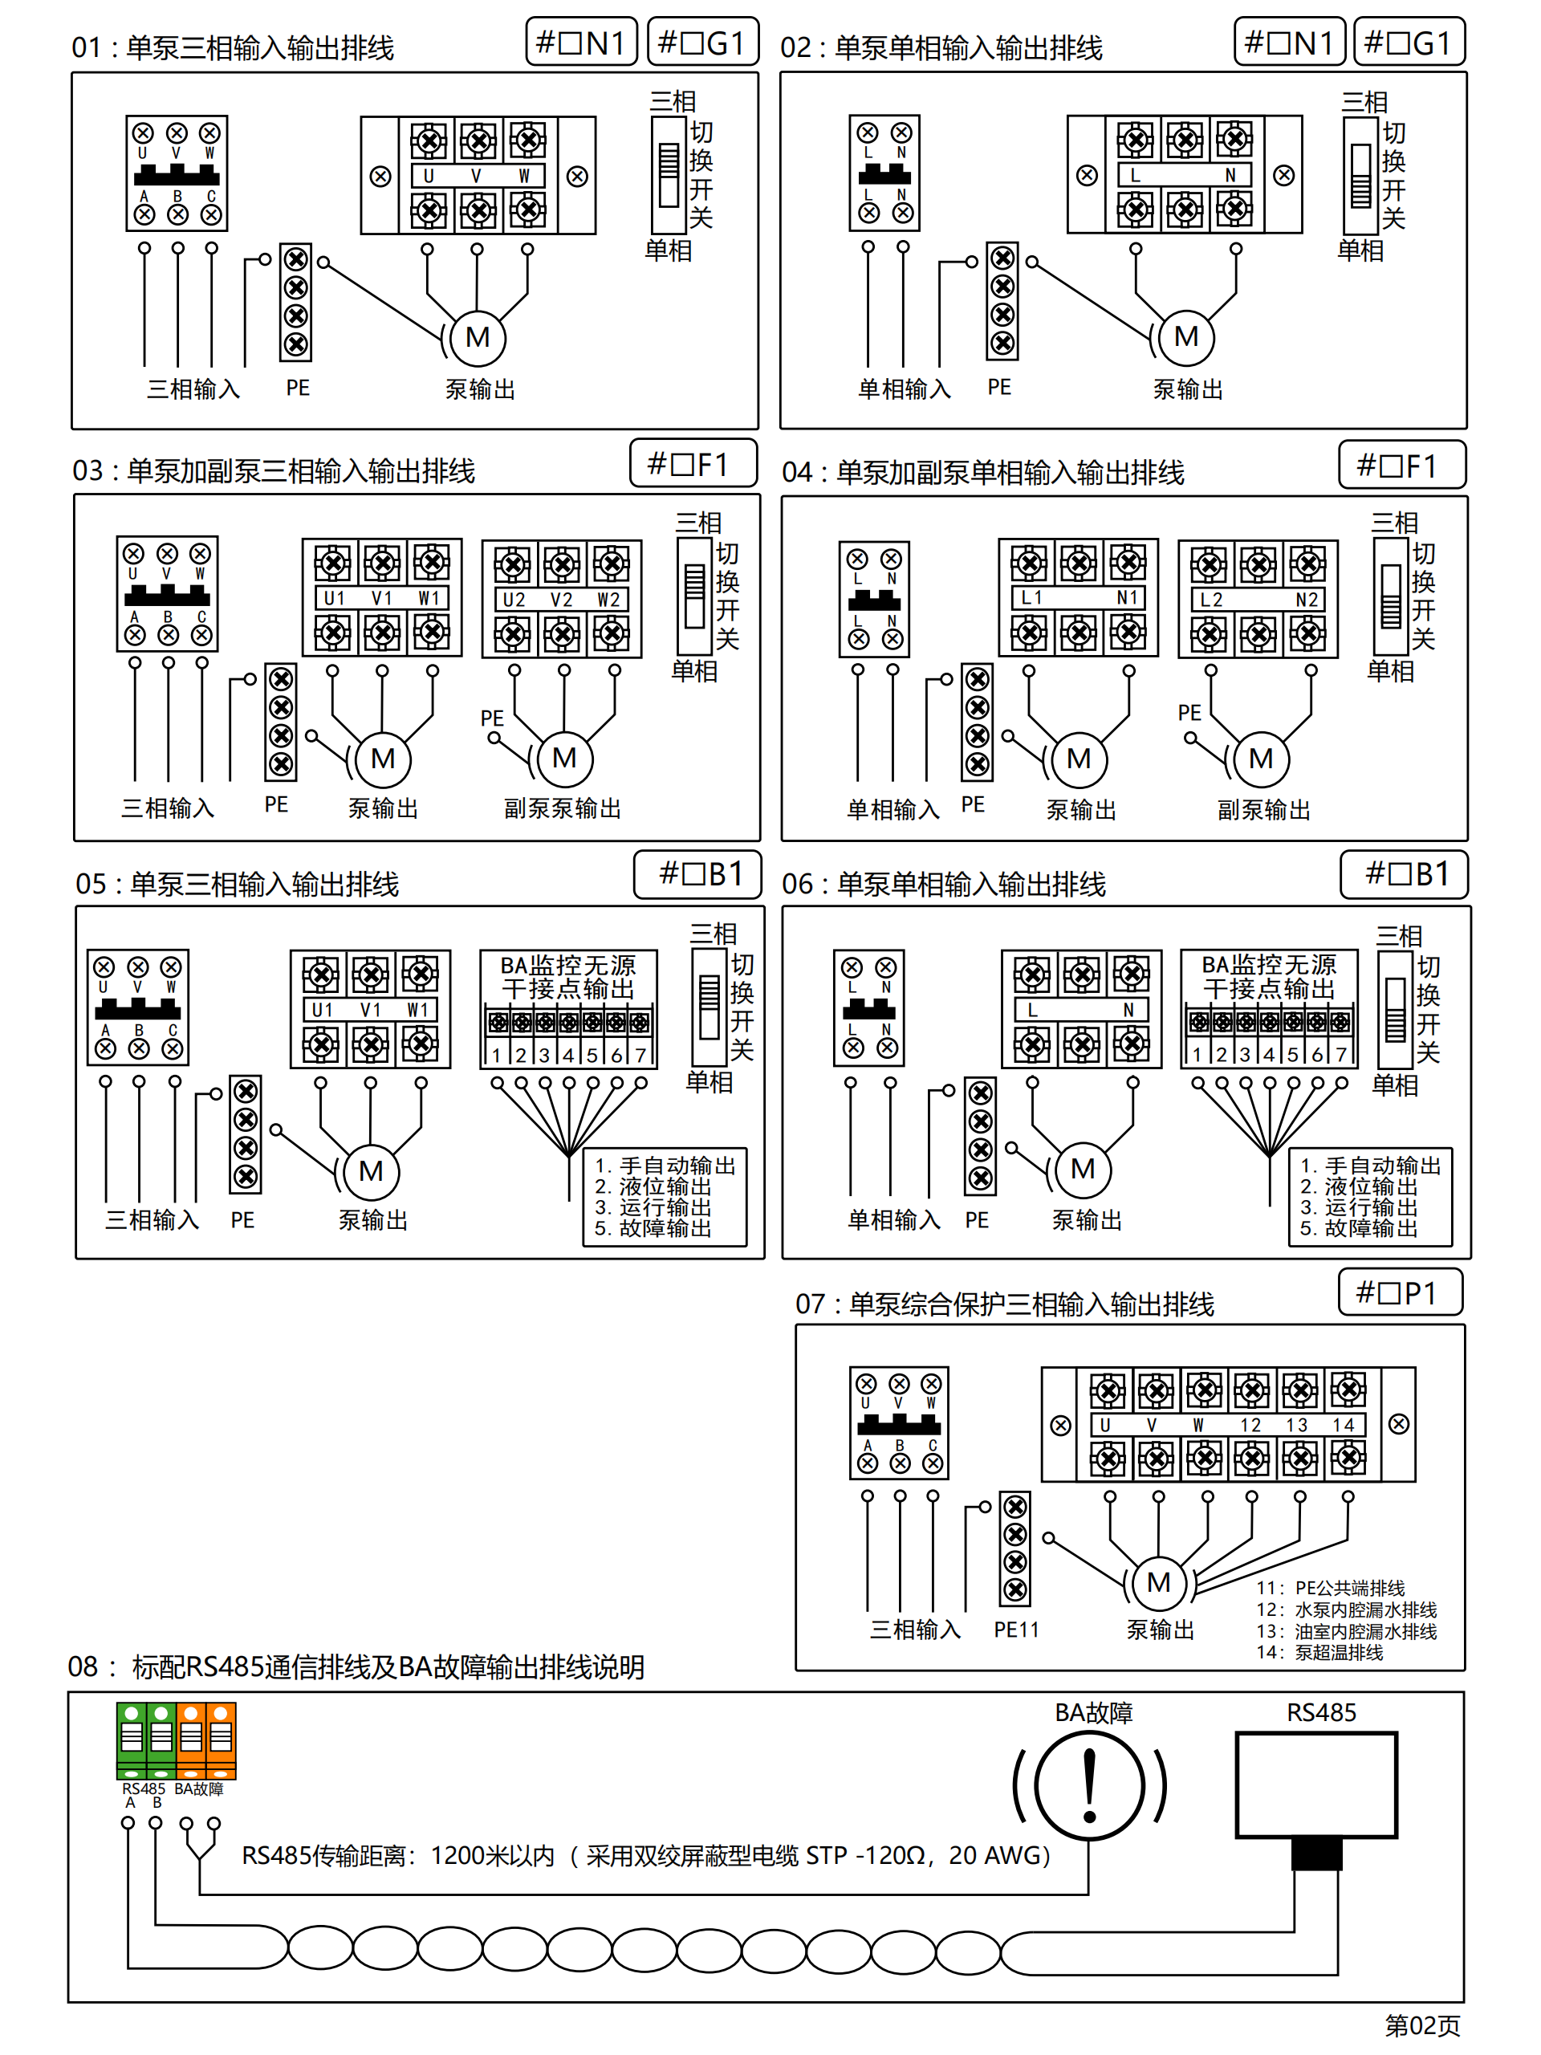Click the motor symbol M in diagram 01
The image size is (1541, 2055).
478,337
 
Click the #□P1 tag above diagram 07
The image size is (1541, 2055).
1400,1292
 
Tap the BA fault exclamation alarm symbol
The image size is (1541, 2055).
1090,1785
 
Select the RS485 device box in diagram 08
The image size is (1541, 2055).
1316,1784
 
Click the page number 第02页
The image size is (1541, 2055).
1422,2025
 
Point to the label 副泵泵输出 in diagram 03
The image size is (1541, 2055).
562,808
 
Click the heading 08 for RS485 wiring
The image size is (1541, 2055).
356,1666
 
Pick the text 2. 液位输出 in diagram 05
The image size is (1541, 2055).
653,1186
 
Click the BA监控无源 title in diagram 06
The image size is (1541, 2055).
1269,964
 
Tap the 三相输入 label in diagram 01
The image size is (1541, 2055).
193,389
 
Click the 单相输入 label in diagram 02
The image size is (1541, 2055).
904,389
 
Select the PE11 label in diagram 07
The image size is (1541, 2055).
1016,1630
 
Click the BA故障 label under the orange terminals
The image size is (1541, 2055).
199,1788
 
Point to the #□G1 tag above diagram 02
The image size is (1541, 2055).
1409,43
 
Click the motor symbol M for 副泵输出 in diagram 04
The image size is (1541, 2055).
1260,759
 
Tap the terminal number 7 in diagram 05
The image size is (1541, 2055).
640,1056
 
